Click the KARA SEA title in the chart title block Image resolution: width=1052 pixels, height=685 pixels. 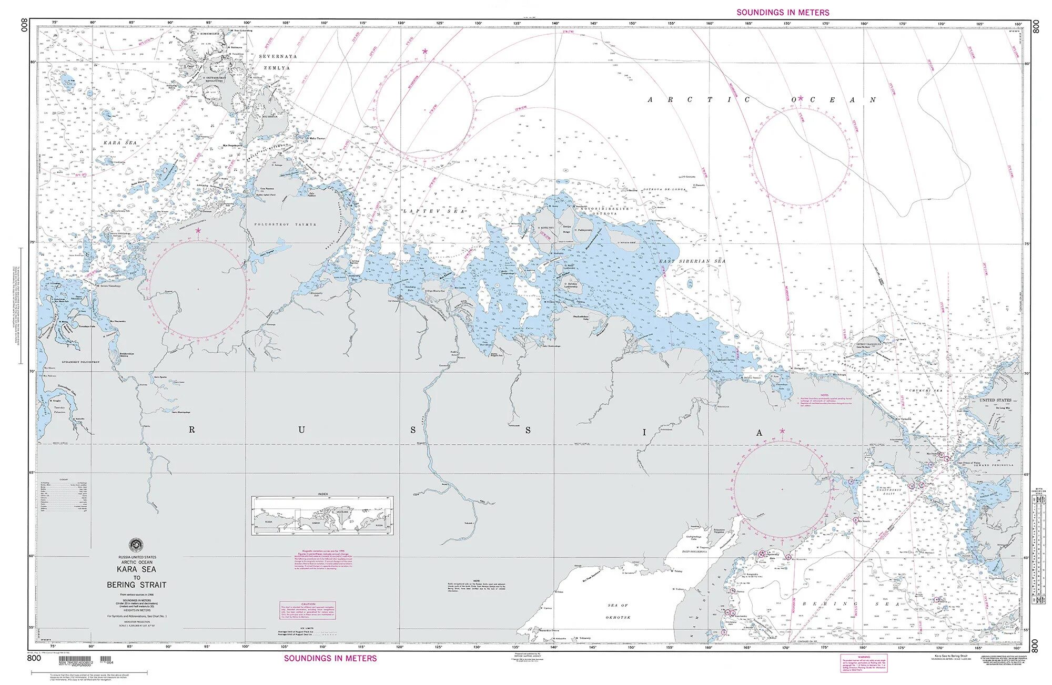point(136,569)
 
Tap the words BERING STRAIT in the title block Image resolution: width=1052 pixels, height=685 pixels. point(136,585)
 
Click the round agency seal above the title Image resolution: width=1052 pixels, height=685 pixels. point(136,545)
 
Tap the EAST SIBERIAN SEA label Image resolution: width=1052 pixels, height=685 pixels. point(692,261)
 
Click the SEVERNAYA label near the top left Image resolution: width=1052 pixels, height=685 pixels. point(278,56)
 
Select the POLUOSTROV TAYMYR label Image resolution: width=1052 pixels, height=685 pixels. point(286,224)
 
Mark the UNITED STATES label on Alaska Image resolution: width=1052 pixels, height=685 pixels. point(995,400)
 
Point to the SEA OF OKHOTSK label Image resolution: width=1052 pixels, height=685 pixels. point(618,611)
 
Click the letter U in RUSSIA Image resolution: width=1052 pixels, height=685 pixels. point(301,430)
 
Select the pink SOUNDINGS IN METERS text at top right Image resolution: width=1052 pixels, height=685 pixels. point(783,12)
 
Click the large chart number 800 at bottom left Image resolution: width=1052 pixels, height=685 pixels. point(34,658)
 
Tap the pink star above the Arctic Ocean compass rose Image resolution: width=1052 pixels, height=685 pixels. point(800,98)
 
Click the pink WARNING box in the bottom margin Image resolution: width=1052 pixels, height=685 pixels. point(864,662)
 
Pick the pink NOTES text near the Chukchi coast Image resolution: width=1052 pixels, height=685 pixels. point(824,395)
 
